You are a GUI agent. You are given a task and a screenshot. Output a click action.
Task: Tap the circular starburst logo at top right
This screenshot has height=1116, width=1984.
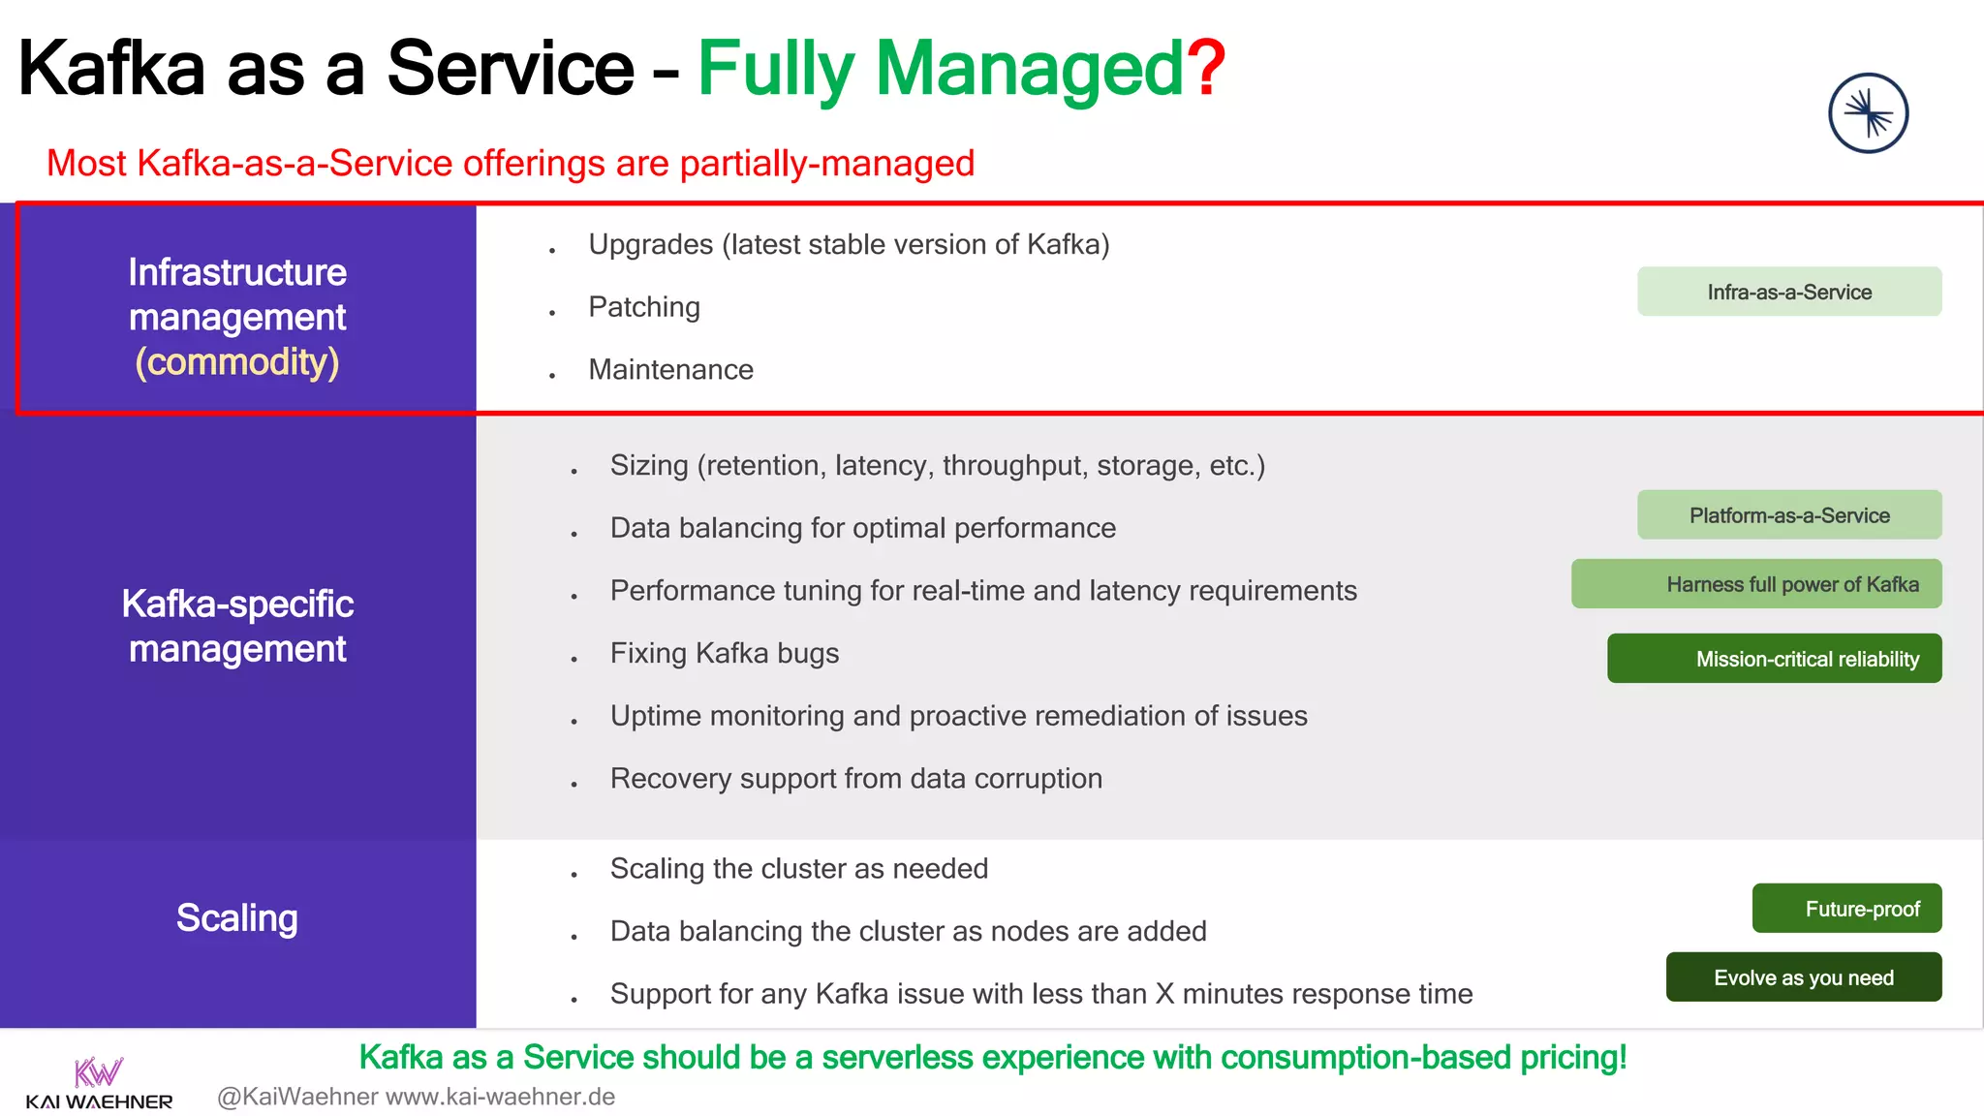click(1868, 113)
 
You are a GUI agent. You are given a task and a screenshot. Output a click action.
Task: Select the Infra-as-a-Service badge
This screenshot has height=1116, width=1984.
click(1789, 292)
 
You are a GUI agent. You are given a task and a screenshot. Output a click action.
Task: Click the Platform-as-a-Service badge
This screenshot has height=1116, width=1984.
click(1789, 515)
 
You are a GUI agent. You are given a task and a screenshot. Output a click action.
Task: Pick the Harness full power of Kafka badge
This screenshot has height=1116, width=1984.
click(1756, 584)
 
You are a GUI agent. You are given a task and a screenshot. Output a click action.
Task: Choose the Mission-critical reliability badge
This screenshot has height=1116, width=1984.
click(1775, 659)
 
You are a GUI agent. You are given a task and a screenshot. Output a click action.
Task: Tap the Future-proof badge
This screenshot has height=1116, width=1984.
click(1846, 909)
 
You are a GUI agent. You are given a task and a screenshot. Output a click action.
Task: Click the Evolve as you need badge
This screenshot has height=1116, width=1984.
click(1803, 977)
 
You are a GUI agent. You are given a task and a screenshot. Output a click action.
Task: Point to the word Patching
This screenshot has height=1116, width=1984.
click(644, 307)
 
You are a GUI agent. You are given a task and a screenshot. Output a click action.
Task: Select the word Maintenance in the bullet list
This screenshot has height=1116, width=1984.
click(670, 370)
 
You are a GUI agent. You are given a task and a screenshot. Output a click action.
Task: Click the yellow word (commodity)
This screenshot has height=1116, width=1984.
click(237, 362)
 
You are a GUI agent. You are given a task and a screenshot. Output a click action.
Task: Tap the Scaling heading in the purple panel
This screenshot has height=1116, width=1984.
click(237, 918)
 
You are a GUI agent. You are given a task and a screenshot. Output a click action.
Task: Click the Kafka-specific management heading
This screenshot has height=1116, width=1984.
click(237, 626)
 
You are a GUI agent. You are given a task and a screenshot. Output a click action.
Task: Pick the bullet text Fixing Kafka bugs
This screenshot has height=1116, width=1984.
click(725, 654)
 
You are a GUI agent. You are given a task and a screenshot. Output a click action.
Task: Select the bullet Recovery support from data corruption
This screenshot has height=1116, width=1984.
click(856, 779)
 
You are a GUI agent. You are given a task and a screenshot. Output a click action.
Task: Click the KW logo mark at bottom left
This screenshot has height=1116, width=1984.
click(99, 1072)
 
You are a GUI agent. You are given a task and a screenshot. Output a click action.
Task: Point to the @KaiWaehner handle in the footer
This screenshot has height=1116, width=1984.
click(297, 1097)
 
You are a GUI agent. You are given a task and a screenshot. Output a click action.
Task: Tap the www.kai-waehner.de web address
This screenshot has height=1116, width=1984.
click(500, 1097)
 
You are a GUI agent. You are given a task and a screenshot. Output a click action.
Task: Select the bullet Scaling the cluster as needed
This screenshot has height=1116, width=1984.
click(799, 869)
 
